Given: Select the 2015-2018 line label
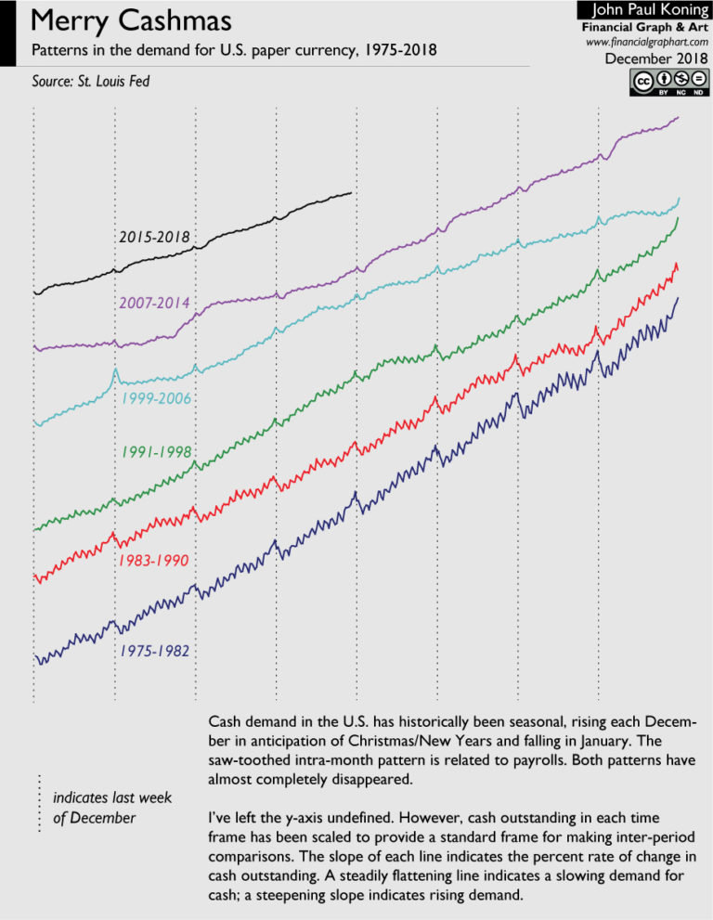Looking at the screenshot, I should (156, 238).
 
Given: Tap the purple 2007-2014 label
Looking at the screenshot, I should (156, 304).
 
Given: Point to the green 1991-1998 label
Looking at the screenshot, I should (156, 453).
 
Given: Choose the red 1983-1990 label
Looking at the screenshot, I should (154, 562).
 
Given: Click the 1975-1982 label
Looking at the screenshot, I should (154, 652).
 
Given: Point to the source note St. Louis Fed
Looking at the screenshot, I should (91, 83).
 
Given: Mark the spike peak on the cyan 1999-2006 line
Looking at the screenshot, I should (115, 369).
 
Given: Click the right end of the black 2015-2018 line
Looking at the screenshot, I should (352, 193).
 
